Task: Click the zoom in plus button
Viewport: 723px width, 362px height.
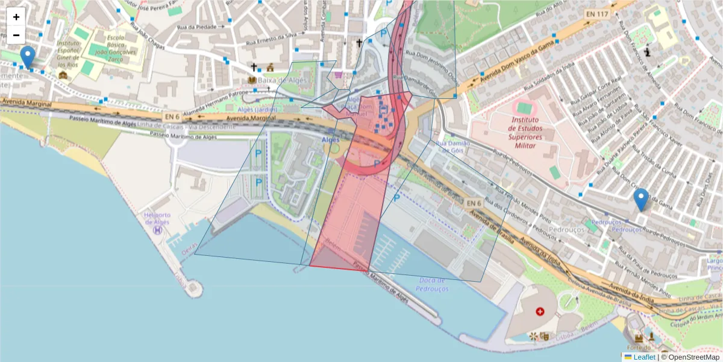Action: coord(16,17)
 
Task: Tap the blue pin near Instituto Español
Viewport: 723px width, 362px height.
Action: coord(27,57)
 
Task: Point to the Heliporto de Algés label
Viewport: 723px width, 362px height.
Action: coord(158,218)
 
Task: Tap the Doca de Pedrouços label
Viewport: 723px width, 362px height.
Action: coord(432,284)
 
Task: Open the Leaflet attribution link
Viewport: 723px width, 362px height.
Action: coord(643,357)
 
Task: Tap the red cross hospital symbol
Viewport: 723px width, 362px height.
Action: coord(540,311)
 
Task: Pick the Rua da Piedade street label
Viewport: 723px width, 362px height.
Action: coord(198,27)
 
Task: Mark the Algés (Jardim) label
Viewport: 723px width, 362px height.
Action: coord(258,109)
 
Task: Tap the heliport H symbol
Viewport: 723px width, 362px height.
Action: coord(158,229)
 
